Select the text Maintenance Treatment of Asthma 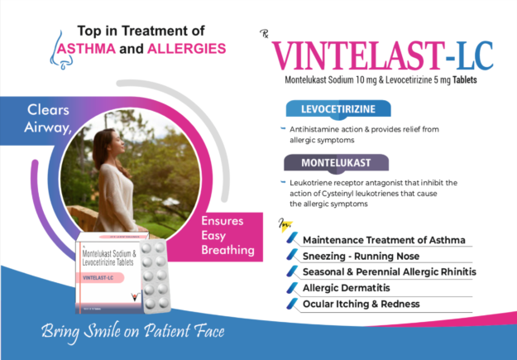coord(384,240)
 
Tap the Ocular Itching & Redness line coord(361,304)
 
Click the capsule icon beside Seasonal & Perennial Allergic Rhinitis coord(290,272)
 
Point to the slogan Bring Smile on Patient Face coord(133,334)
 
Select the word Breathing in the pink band coord(227,248)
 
